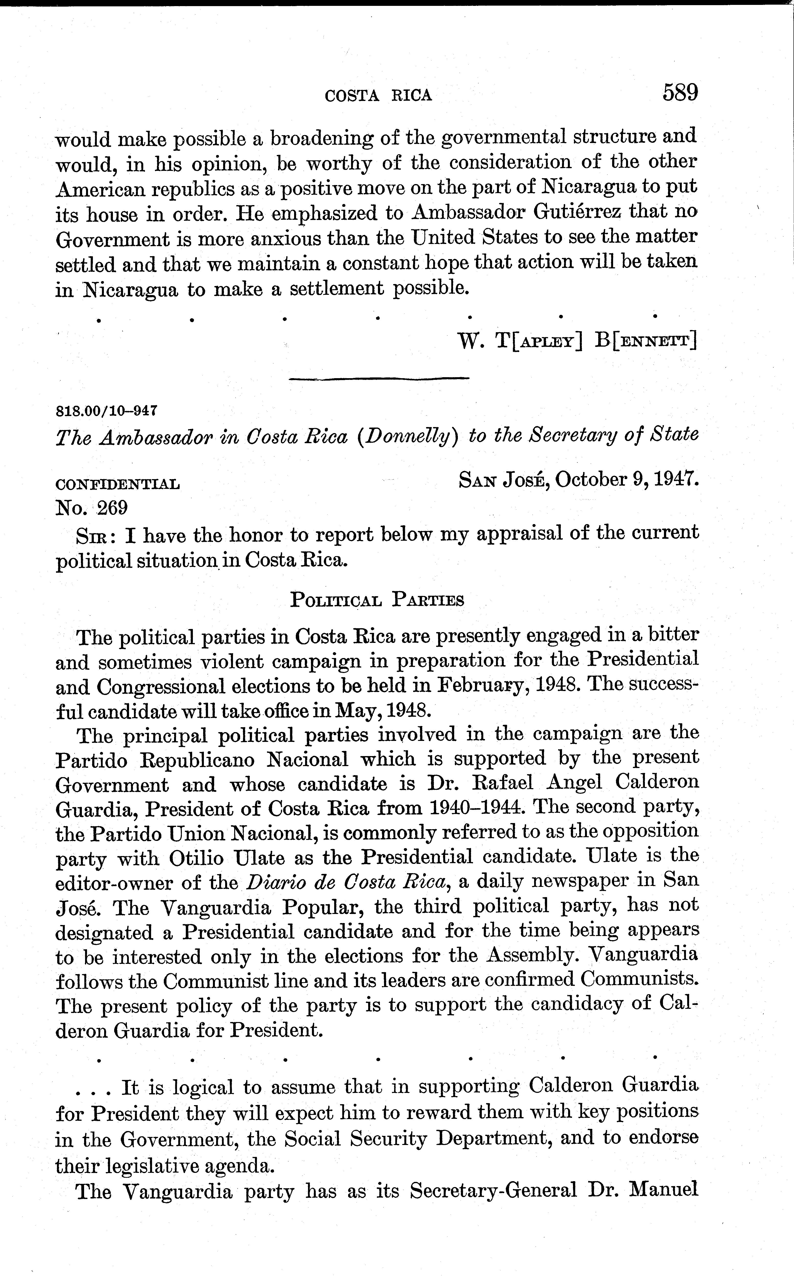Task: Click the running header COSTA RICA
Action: click(x=378, y=96)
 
